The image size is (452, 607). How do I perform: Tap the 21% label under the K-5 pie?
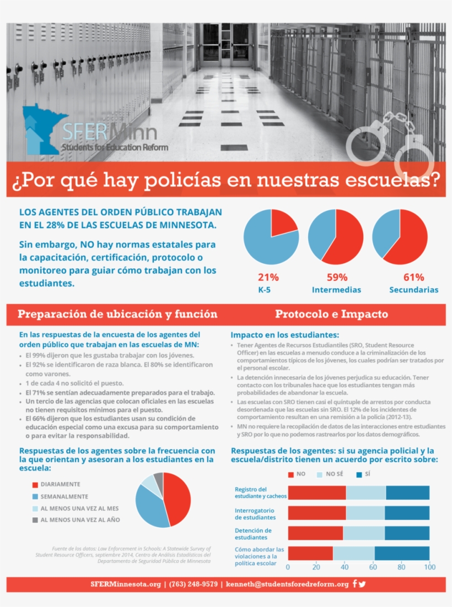coord(268,277)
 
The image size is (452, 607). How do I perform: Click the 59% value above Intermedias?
coord(336,277)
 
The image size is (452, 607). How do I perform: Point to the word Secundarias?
coord(413,290)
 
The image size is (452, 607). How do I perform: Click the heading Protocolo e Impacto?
coord(331,315)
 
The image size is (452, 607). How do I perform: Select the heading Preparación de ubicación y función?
coord(117,315)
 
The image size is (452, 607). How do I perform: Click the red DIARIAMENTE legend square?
coord(35,485)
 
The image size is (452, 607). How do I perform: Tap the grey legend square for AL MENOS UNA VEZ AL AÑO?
coord(35,520)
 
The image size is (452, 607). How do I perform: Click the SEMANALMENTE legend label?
coord(64,496)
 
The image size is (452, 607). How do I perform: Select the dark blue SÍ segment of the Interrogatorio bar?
coord(407,513)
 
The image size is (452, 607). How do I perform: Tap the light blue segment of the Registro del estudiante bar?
coord(365,492)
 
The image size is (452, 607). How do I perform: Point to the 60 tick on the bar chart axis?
coord(373,567)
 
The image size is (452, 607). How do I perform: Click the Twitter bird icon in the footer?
coord(362,584)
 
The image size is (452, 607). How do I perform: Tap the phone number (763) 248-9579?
coord(193,584)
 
